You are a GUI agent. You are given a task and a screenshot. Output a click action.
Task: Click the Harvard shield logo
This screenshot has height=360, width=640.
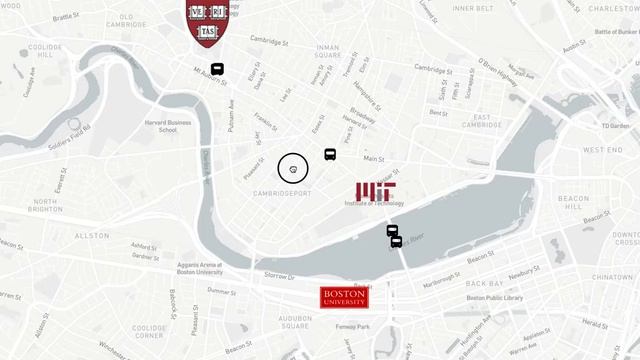pyautogui.click(x=207, y=21)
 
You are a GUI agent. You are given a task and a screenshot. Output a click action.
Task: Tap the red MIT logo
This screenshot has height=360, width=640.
pyautogui.click(x=376, y=193)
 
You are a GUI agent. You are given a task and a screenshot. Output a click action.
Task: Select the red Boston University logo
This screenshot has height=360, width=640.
pyautogui.click(x=345, y=297)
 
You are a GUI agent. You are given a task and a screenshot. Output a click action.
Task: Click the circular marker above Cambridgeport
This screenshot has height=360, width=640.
pyautogui.click(x=293, y=169)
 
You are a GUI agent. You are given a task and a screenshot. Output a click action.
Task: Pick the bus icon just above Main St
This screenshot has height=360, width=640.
pyautogui.click(x=330, y=155)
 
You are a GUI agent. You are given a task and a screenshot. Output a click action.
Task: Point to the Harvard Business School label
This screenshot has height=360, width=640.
pyautogui.click(x=168, y=125)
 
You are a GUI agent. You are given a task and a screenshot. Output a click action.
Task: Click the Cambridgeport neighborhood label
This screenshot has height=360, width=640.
pyautogui.click(x=284, y=193)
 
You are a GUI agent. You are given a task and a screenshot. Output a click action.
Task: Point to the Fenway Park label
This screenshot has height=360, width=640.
pyautogui.click(x=355, y=328)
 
